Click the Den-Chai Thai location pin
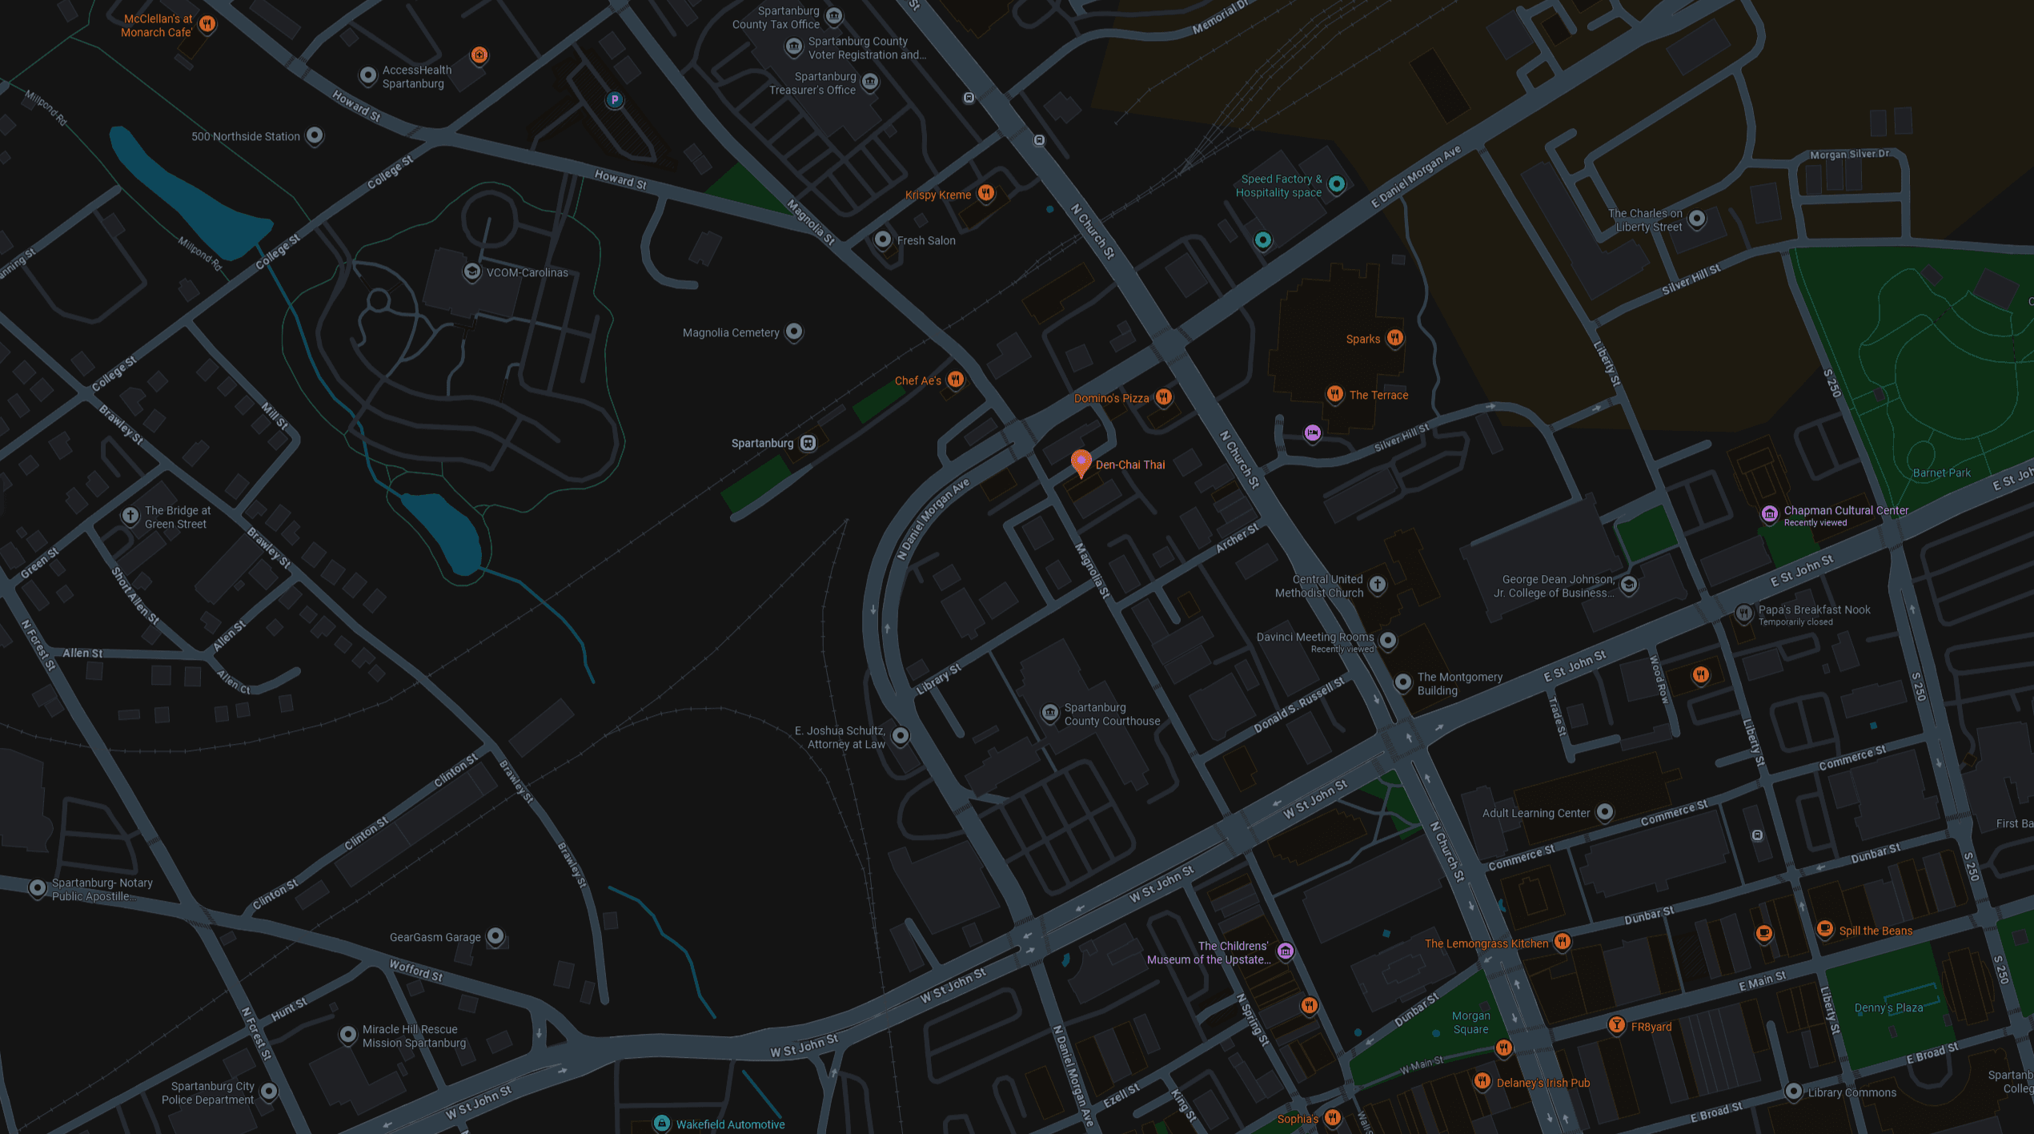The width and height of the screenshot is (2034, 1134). click(1081, 462)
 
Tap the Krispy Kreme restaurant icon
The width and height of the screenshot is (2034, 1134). click(986, 193)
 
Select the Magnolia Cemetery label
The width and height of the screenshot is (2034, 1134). click(730, 332)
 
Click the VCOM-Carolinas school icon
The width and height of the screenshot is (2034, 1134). click(472, 271)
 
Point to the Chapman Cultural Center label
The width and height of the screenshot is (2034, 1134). click(1845, 510)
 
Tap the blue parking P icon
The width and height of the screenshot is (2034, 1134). click(614, 100)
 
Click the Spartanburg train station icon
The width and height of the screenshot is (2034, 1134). click(808, 443)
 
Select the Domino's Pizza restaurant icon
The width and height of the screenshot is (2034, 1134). click(1164, 396)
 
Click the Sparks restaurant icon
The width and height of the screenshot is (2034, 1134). click(1395, 338)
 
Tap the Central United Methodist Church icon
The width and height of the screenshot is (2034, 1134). click(1378, 585)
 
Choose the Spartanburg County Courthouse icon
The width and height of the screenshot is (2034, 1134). click(1049, 713)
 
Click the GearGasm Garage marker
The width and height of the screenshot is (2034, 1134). click(495, 935)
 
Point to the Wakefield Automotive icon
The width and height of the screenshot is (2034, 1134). click(662, 1124)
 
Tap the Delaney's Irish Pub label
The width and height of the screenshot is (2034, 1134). click(1543, 1083)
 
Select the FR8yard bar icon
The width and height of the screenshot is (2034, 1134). click(1616, 1025)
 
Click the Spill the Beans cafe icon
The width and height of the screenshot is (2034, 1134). click(1824, 929)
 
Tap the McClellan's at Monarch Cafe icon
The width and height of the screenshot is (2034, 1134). click(207, 24)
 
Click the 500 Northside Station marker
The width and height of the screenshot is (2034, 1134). click(315, 135)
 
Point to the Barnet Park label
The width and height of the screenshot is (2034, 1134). click(1941, 472)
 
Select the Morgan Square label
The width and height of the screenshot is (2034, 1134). click(1470, 1023)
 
